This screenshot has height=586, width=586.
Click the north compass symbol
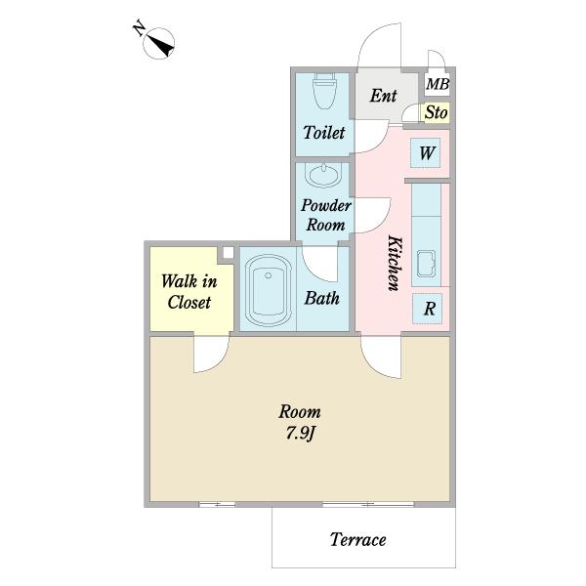[158, 43]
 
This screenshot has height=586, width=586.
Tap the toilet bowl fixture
[324, 91]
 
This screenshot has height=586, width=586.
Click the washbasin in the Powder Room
[323, 175]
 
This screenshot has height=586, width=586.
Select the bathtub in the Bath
[268, 290]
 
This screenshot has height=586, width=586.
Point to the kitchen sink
[426, 264]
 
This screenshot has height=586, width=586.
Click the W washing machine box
[425, 153]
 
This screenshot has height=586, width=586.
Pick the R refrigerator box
[428, 309]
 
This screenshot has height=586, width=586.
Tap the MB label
[438, 84]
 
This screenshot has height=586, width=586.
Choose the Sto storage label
[437, 112]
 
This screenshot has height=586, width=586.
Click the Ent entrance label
[383, 96]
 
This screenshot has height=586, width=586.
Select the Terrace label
[358, 539]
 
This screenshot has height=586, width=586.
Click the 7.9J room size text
[301, 434]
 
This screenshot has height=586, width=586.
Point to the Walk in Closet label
[189, 291]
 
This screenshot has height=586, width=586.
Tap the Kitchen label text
[395, 263]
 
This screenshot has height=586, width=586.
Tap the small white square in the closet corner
[228, 252]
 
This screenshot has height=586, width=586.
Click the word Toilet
[324, 132]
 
